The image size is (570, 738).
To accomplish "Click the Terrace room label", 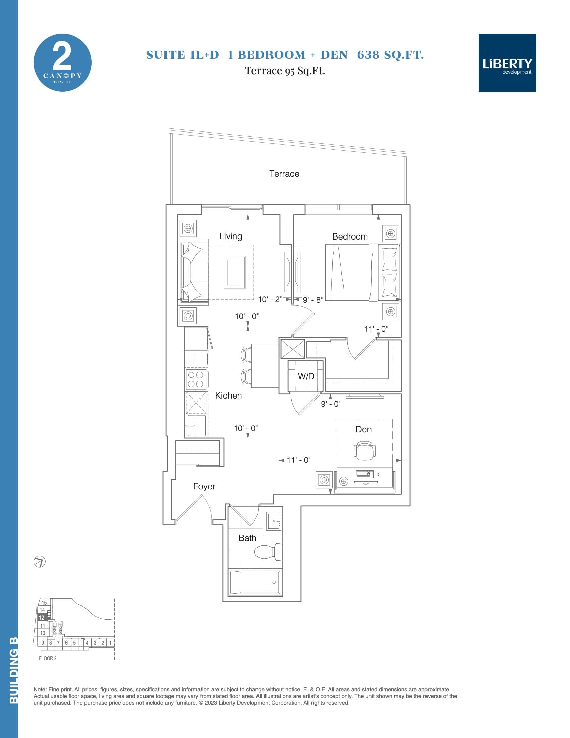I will click(x=284, y=174).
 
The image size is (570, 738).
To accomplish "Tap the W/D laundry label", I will click(x=306, y=376).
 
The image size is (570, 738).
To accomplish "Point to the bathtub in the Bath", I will click(x=255, y=582).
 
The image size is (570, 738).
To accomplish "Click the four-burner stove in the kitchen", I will click(x=195, y=379).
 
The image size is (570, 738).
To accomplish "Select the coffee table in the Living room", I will click(x=234, y=272).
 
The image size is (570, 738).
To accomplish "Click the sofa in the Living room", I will click(x=194, y=272).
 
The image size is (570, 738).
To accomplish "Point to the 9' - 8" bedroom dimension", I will click(x=312, y=299).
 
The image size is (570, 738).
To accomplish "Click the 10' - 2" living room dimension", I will click(x=270, y=299).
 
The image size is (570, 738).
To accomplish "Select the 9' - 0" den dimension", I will click(x=331, y=404).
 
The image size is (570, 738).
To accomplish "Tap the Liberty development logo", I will click(x=507, y=62).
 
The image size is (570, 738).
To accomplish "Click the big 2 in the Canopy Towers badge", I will click(x=62, y=57).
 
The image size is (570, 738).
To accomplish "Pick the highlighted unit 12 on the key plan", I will click(x=42, y=617).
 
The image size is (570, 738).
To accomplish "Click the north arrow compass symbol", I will click(x=40, y=562).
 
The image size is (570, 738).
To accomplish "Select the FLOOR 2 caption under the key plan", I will click(x=48, y=658).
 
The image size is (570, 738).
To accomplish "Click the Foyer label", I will click(x=204, y=486).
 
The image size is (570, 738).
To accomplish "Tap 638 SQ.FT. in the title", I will click(x=390, y=55).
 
